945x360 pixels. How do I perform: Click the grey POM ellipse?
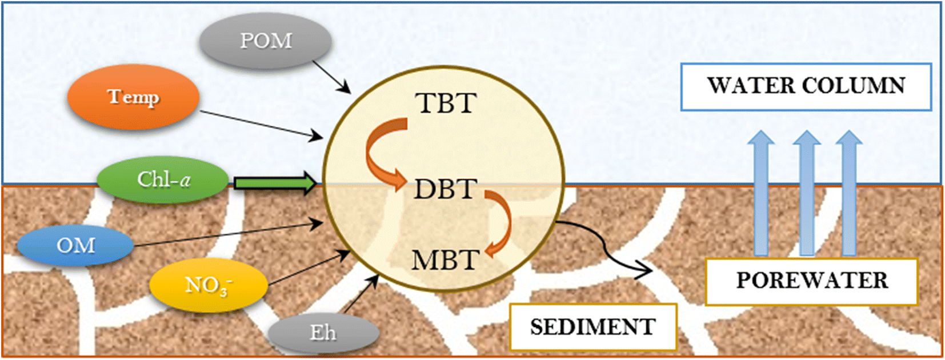click(x=266, y=41)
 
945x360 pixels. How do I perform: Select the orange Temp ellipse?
click(x=133, y=97)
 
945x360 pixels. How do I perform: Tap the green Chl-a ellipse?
click(x=163, y=180)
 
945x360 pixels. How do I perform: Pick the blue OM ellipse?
click(x=75, y=246)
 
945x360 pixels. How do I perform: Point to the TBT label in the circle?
click(x=446, y=103)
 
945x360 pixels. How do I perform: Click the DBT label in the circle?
click(x=446, y=189)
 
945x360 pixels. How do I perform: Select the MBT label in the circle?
click(x=446, y=261)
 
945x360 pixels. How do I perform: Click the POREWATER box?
click(x=811, y=281)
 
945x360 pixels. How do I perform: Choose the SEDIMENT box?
click(x=593, y=327)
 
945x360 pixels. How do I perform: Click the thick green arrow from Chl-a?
click(x=274, y=183)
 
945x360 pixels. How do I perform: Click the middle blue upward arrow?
click(x=806, y=194)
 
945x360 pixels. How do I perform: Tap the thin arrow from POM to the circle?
click(x=331, y=76)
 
